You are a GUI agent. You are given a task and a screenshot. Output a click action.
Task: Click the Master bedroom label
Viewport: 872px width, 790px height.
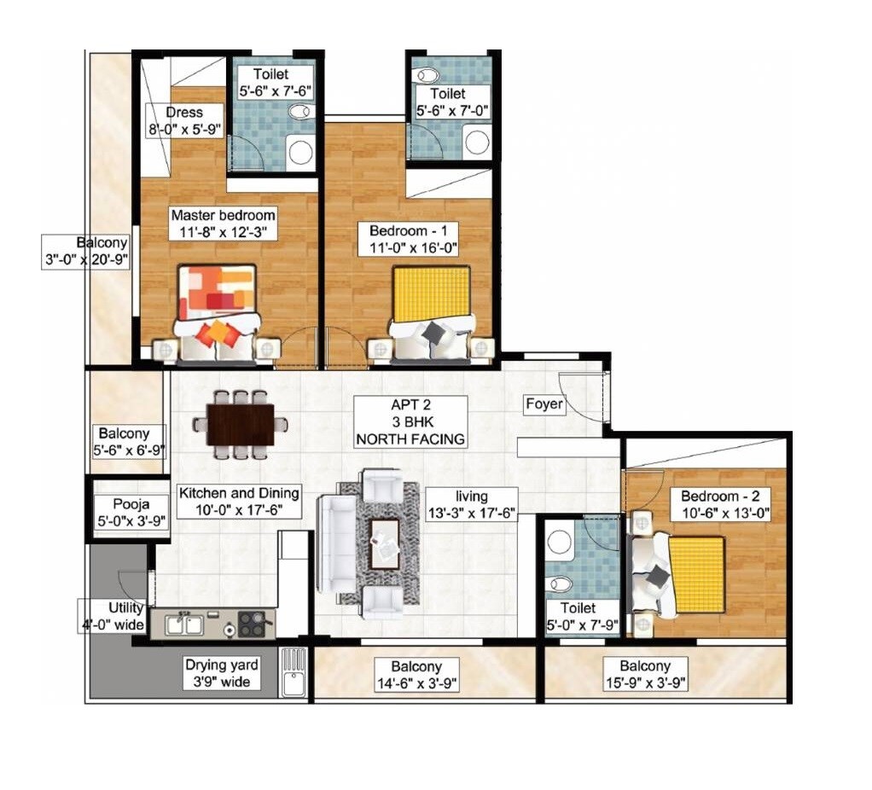(x=222, y=223)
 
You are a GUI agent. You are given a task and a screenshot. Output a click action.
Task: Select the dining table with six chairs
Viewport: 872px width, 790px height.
(x=240, y=424)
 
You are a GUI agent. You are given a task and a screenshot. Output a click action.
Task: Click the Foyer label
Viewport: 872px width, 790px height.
(x=544, y=404)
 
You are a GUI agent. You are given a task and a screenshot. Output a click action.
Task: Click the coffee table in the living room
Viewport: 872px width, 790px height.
(x=384, y=543)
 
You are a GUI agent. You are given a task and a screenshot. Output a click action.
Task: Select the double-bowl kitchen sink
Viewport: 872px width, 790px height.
(x=184, y=624)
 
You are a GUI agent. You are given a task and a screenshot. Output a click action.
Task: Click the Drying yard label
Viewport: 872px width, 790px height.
(x=221, y=673)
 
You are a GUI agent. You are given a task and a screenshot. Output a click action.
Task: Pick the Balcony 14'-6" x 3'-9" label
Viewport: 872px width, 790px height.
(x=417, y=674)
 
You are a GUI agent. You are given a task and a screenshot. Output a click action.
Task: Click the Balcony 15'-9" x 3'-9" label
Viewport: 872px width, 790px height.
(x=645, y=674)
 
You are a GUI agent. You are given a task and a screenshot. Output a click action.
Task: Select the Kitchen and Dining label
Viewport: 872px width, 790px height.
(x=238, y=501)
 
